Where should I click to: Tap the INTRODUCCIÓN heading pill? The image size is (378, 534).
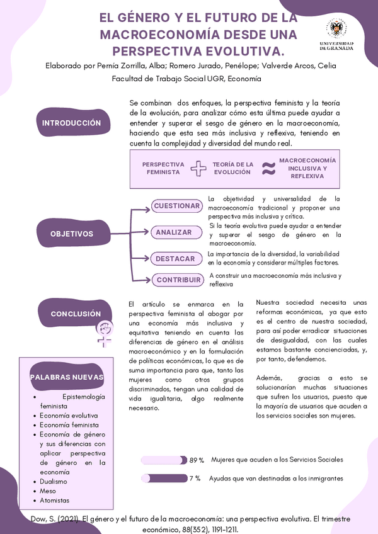[71, 123]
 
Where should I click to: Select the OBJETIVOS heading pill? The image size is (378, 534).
[71, 234]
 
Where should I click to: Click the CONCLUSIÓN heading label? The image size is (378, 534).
[76, 314]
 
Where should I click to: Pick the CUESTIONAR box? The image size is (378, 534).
[176, 206]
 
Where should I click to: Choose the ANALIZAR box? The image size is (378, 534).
[174, 232]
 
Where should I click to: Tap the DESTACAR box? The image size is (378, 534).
[175, 259]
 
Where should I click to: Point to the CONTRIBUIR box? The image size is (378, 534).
[178, 280]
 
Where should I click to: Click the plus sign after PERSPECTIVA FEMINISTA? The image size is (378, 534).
[198, 168]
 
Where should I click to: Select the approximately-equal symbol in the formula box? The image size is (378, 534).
[268, 168]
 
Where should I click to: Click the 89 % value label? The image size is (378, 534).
[197, 460]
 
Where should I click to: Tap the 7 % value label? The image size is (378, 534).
[195, 479]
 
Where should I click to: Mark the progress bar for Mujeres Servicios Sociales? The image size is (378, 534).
[164, 460]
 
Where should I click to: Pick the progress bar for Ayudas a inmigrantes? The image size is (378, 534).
[164, 479]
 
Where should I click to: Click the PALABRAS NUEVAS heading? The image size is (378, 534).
[67, 377]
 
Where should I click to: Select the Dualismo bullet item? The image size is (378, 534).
[53, 482]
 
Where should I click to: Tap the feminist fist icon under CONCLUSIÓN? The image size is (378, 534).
[104, 332]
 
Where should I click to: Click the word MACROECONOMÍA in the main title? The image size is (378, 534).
[157, 34]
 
